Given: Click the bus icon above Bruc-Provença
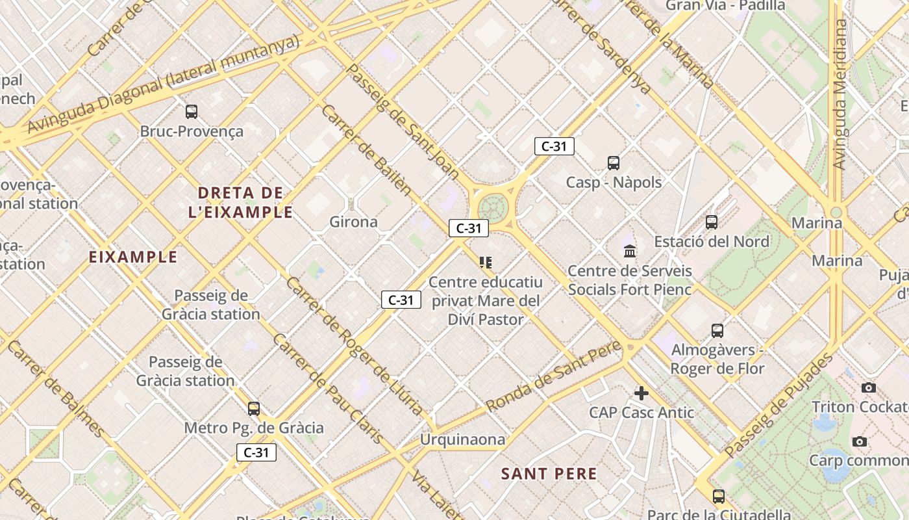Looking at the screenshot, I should [x=191, y=111].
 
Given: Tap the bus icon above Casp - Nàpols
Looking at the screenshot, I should [x=613, y=162].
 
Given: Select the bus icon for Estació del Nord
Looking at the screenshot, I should [x=712, y=222].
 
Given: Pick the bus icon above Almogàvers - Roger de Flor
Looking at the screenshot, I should [x=717, y=330].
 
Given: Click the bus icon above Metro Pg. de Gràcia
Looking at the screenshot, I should [x=254, y=408].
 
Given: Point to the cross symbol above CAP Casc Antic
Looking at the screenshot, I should [x=641, y=393].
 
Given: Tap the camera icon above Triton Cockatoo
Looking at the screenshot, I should [x=868, y=388].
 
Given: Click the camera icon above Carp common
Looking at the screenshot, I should [x=860, y=442].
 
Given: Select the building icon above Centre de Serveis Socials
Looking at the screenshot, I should [x=630, y=251].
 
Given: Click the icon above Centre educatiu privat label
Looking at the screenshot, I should [x=486, y=263].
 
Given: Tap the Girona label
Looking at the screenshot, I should [x=353, y=222].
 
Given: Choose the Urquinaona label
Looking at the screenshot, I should [x=462, y=439].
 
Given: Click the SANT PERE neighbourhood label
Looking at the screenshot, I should [x=549, y=474].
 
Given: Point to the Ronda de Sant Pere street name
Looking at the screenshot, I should [x=554, y=376].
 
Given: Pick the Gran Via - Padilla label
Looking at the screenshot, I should [x=725, y=6].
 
